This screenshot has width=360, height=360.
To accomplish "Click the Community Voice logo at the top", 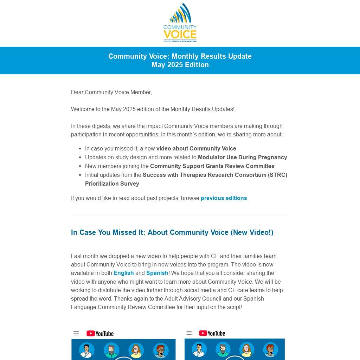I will pyautogui.click(x=180, y=23).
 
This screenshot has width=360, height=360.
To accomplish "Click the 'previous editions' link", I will pyautogui.click(x=224, y=198).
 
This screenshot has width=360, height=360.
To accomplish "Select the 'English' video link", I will pyautogui.click(x=123, y=273).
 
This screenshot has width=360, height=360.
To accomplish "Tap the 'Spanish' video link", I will pyautogui.click(x=157, y=273).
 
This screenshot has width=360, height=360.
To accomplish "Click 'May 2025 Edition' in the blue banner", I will pyautogui.click(x=180, y=65).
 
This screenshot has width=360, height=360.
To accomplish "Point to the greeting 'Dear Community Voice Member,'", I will pyautogui.click(x=111, y=92).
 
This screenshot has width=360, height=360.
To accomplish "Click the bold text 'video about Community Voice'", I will pyautogui.click(x=196, y=149).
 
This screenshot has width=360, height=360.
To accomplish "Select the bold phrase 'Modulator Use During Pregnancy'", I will pyautogui.click(x=242, y=157).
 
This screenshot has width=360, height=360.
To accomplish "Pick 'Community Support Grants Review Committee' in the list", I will pyautogui.click(x=212, y=166).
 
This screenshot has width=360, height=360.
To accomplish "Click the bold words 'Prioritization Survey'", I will pyautogui.click(x=112, y=184).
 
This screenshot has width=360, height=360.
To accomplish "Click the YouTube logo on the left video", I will pyautogui.click(x=100, y=333).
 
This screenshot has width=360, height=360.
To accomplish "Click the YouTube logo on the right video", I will pyautogui.click(x=212, y=333).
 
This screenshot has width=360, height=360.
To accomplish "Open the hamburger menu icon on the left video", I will pyautogui.click(x=76, y=333).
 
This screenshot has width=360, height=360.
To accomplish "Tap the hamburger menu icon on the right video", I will pyautogui.click(x=189, y=333).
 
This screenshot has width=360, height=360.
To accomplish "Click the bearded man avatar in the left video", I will pyautogui.click(x=111, y=350).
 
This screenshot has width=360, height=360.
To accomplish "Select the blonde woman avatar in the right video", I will pyautogui.click(x=246, y=349).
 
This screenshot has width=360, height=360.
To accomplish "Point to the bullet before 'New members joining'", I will pyautogui.click(x=81, y=166).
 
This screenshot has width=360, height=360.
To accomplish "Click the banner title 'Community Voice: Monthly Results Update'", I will pyautogui.click(x=180, y=56).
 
